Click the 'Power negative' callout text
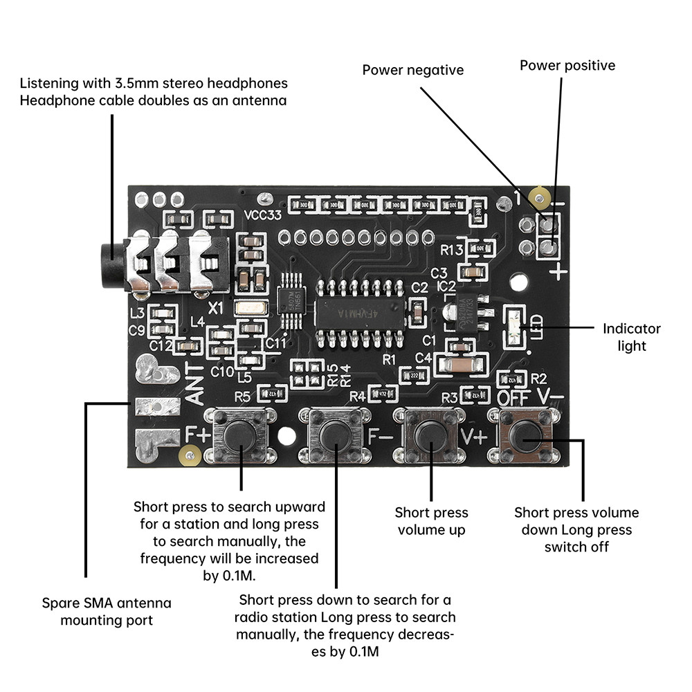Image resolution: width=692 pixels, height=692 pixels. click(413, 70)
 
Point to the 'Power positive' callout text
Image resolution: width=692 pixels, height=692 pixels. click(567, 66)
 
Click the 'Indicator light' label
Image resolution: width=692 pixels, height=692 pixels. click(631, 337)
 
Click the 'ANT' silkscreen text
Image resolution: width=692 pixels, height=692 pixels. click(196, 385)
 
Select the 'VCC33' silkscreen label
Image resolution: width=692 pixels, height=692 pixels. click(263, 215)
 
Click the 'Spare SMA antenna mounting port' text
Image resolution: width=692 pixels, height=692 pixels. click(106, 611)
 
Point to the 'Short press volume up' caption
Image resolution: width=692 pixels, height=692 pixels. click(431, 521)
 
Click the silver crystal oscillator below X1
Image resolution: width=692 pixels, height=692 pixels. click(250, 309)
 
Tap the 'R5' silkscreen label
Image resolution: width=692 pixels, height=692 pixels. click(242, 397)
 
